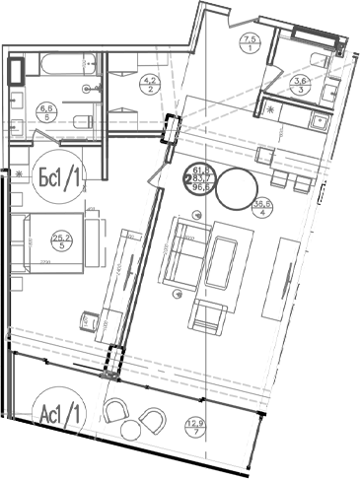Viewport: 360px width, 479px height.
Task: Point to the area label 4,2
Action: [x=151, y=84]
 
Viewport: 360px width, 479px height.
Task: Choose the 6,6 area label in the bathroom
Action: [x=45, y=110]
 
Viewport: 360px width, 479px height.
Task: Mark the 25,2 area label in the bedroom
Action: [x=61, y=240]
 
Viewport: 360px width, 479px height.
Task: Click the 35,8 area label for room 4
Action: [x=262, y=207]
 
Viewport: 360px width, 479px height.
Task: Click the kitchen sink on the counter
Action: [x=320, y=121]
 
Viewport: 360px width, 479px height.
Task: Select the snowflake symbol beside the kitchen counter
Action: [x=271, y=110]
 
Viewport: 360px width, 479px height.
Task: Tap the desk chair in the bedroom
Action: [x=92, y=319]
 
